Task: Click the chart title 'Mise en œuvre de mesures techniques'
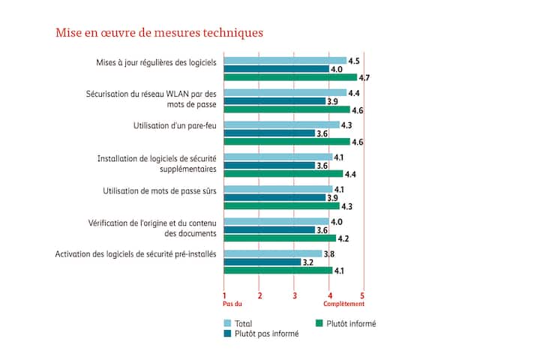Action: pos(159,33)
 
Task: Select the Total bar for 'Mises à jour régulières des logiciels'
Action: pos(285,61)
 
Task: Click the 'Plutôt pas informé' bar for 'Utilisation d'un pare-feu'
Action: pos(269,133)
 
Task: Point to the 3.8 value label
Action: pos(328,253)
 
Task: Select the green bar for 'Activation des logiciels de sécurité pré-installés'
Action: pos(278,271)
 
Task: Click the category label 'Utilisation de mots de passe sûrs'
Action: pos(160,191)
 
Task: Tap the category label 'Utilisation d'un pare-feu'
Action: pos(170,125)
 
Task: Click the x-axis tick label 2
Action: pos(259,295)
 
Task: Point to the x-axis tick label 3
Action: pos(295,295)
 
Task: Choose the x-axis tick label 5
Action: pos(363,295)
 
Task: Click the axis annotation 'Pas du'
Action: pos(232,304)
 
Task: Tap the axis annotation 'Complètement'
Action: pos(344,304)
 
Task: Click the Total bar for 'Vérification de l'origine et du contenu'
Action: pos(277,221)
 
